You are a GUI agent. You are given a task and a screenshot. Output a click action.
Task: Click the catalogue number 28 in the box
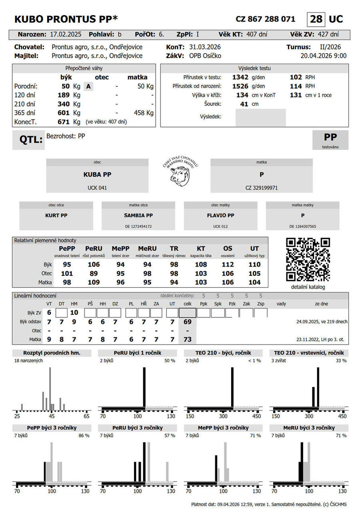coord(316,19)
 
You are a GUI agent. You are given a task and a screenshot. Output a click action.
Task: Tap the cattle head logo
coord(180,175)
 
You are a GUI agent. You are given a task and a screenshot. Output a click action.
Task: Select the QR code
coord(308,259)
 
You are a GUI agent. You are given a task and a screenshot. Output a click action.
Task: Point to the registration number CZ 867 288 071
coord(266,19)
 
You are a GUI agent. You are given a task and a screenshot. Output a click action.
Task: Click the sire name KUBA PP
coord(97,175)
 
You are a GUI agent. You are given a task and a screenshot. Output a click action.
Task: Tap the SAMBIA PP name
coord(138,215)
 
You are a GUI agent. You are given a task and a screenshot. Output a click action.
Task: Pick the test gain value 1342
coord(240,77)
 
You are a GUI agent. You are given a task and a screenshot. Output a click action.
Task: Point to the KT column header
coord(201,249)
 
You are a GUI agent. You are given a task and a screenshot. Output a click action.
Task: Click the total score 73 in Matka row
coord(187,339)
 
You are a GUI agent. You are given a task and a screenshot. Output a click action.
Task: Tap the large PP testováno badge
coord(330,139)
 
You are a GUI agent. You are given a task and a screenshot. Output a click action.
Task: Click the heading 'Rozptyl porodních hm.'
coord(52,353)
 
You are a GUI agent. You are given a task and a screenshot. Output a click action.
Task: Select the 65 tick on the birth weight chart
coord(86,416)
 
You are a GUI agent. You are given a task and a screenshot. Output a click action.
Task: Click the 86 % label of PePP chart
coord(84,435)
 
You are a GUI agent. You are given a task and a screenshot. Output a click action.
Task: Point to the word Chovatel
coord(29,47)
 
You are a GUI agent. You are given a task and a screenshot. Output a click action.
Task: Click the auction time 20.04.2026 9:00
coord(323,56)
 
